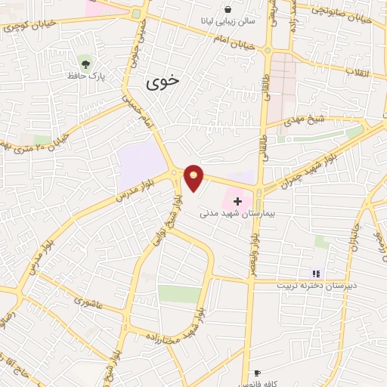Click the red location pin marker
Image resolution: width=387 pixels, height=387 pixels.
click(x=194, y=177)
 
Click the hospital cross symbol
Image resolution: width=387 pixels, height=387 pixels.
click(x=239, y=201)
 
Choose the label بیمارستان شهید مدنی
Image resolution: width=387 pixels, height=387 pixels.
click(x=226, y=215)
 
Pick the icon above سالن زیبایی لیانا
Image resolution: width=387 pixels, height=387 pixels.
click(x=228, y=10)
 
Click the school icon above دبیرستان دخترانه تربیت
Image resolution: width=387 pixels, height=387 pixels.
click(x=317, y=274)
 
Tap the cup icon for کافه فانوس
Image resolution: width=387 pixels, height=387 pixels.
click(x=257, y=373)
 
